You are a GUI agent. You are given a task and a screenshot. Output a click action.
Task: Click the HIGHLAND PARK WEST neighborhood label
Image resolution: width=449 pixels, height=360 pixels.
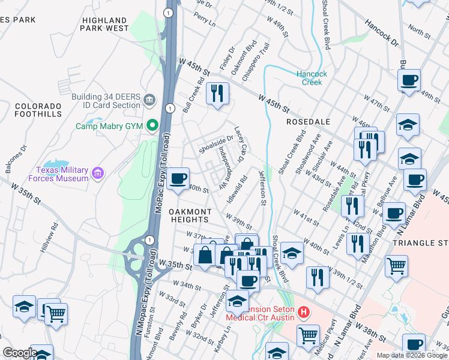coord(105,24)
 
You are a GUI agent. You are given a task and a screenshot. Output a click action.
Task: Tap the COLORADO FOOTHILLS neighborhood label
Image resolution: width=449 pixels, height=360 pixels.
coord(38,110)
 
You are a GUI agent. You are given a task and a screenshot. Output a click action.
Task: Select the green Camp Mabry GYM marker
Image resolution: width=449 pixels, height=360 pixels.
coord(152,126)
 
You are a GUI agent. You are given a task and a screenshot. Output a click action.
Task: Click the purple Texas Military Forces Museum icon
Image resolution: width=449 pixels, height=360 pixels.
coord(98,173)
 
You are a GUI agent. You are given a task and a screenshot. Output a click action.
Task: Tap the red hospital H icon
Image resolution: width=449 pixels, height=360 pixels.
coord(304,313)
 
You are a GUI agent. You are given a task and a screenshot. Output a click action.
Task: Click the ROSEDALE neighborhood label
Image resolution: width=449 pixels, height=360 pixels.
coord(309,121)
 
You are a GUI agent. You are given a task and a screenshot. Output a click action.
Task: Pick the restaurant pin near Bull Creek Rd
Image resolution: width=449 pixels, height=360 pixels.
coord(217,94)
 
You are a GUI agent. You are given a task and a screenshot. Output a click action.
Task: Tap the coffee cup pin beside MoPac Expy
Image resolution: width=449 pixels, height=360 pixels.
coord(178,179)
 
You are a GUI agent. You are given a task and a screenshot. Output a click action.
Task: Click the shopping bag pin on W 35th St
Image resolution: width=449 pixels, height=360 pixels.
coord(205,254)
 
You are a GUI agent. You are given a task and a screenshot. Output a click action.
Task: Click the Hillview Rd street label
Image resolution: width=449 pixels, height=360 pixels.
coord(55,238)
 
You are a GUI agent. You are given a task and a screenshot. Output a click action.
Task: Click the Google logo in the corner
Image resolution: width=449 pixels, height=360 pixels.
coord(19,353)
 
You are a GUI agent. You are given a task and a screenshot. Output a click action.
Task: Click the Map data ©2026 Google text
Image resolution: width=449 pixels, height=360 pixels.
coord(411,355)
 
